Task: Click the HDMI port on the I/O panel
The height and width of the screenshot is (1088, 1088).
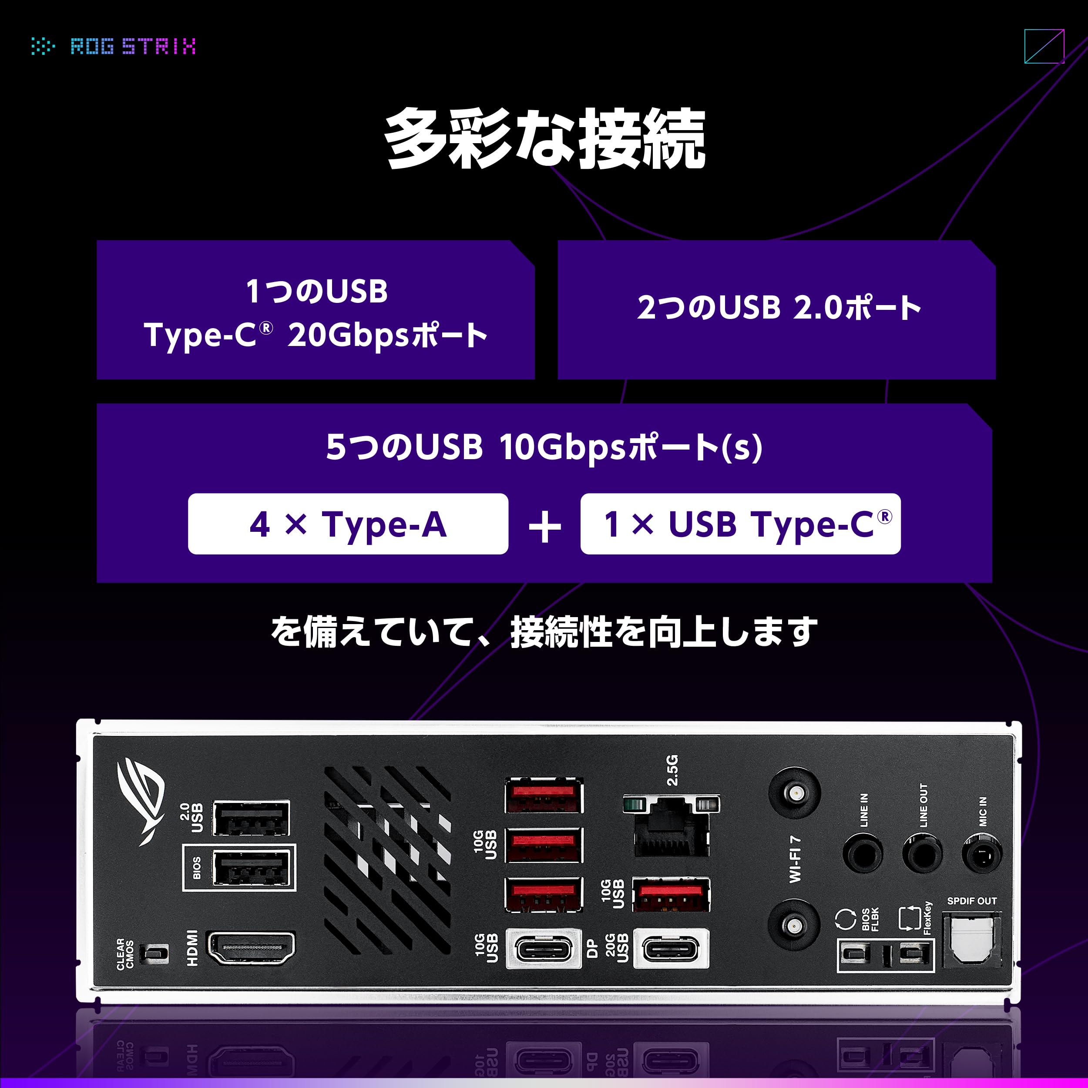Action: [x=251, y=948]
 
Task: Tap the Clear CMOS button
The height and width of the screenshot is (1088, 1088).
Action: [x=154, y=954]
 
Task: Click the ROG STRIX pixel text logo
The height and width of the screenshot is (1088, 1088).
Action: [x=133, y=46]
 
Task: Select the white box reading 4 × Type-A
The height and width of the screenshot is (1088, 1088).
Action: [x=348, y=524]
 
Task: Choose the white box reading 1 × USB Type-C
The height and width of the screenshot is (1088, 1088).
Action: [x=740, y=524]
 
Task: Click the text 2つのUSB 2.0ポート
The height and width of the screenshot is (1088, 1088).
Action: [x=779, y=309]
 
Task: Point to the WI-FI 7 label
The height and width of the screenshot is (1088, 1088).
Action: [x=795, y=859]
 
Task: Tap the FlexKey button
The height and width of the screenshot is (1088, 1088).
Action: [x=909, y=954]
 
